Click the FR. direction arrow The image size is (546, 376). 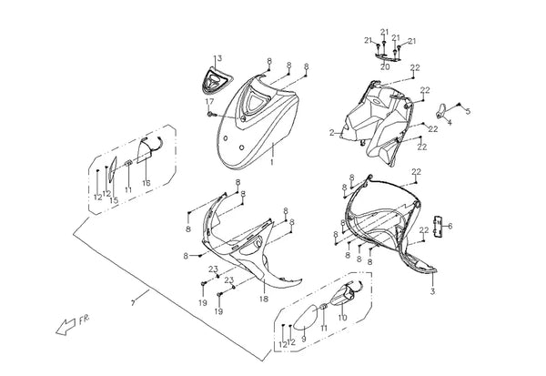coord(66,327)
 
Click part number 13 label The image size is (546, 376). coord(217,58)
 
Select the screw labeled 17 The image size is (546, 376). coord(210,114)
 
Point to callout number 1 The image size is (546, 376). coord(272,162)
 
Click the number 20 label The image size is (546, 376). coord(385,66)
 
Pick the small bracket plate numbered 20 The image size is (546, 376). coord(388,57)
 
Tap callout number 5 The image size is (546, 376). coord(468,111)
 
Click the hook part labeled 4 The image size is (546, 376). coord(440,110)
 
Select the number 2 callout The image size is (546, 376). coord(332,132)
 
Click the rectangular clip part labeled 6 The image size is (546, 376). coord(438,226)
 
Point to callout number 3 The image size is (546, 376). coord(432,291)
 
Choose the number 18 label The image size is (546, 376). coord(264,299)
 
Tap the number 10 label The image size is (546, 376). coord(343,318)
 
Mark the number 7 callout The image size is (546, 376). coord(133,303)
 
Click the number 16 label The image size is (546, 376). coord(147,183)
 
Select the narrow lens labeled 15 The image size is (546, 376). coord(112,169)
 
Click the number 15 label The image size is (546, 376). coord(114,200)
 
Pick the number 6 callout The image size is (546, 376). coord(450,226)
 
